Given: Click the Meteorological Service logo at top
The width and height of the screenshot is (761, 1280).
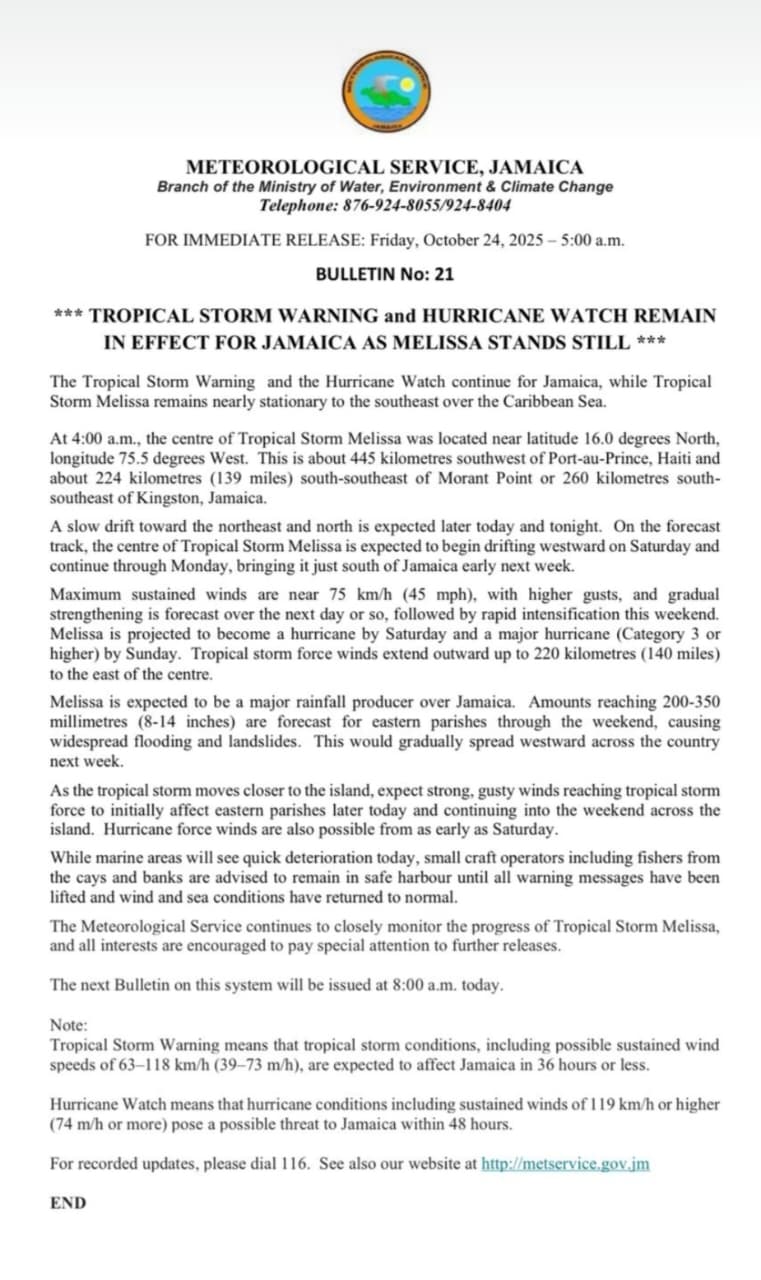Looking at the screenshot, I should click(x=385, y=91).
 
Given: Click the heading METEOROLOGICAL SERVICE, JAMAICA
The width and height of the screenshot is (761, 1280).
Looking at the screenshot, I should click(x=385, y=168).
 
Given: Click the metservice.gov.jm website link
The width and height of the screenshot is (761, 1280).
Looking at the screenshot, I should click(x=565, y=1164).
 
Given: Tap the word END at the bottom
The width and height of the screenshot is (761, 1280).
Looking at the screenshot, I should click(x=68, y=1203).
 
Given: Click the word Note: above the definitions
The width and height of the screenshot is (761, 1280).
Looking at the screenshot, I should click(x=69, y=1025).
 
